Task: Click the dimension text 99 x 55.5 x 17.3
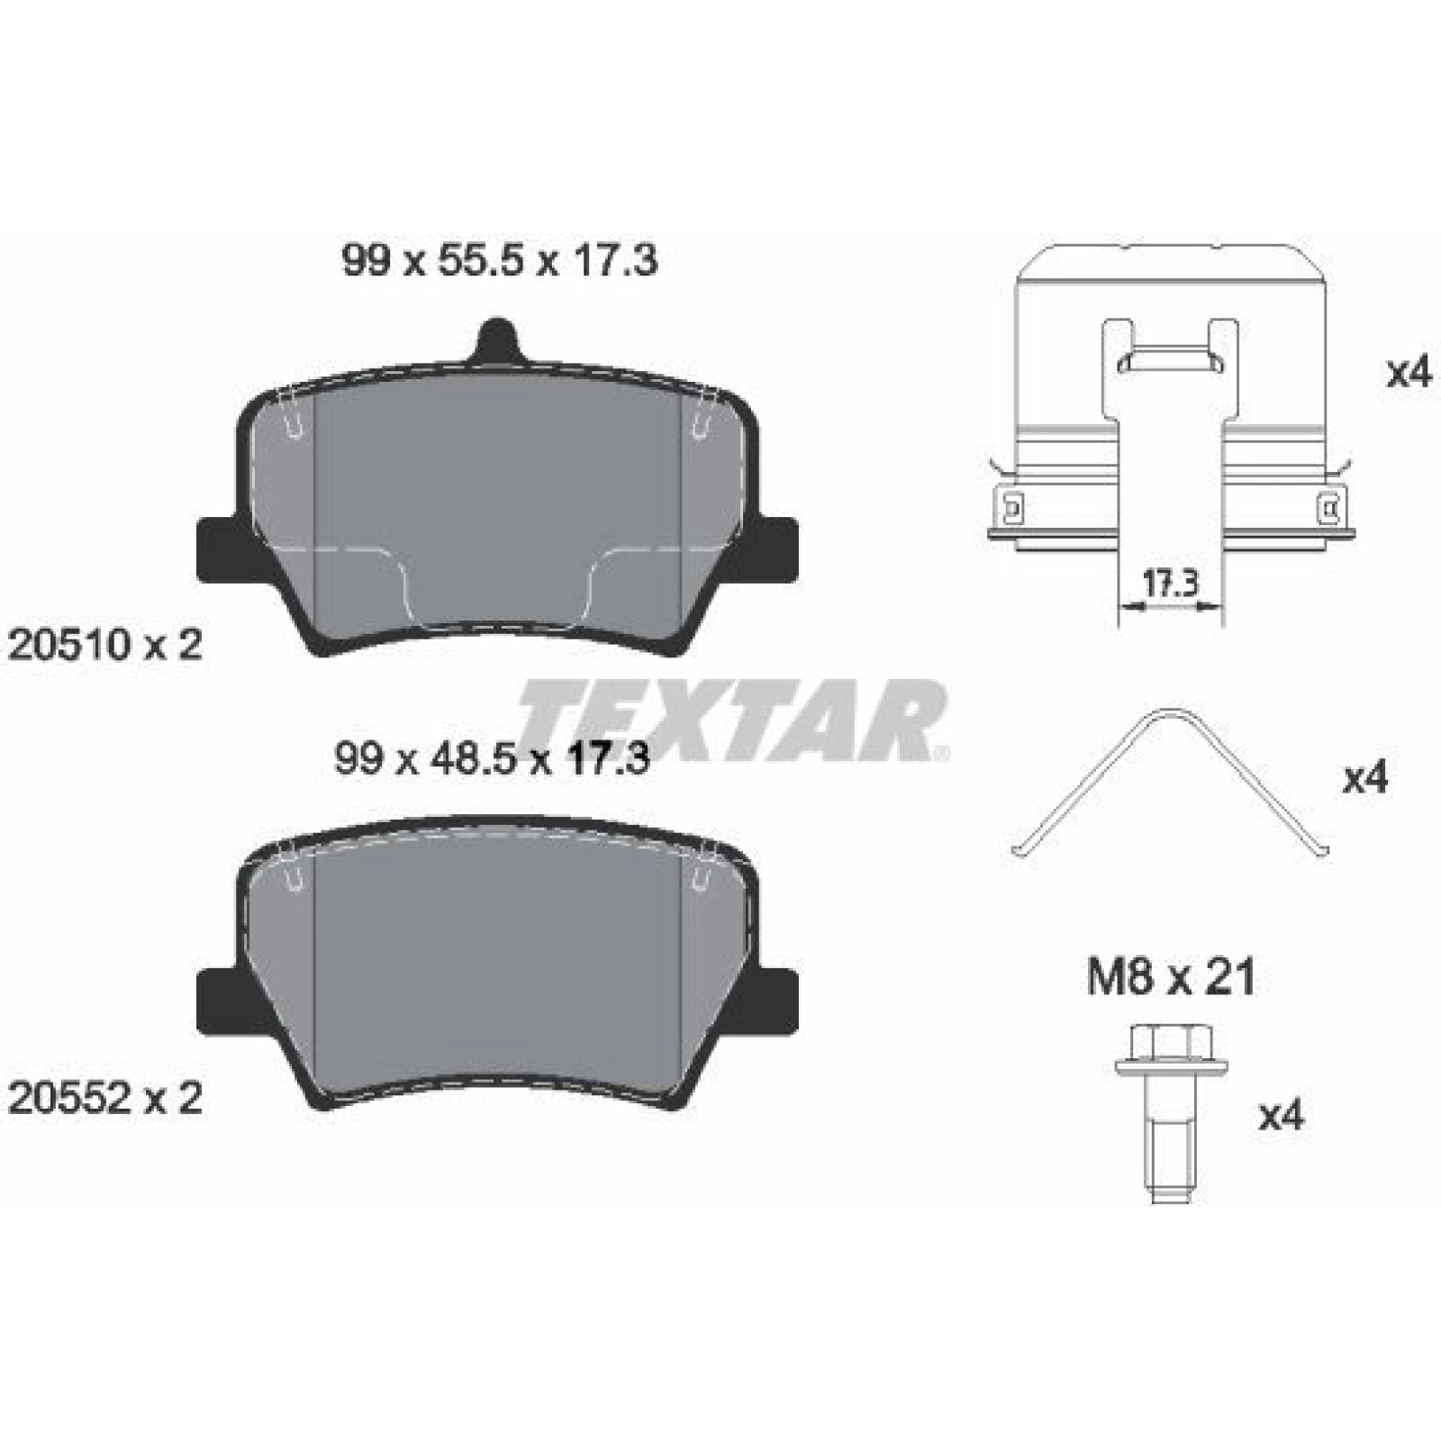tap(500, 262)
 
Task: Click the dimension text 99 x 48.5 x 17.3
tap(492, 760)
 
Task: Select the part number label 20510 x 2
tap(104, 645)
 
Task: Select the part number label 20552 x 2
tap(104, 1099)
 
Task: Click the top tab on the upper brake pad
tap(497, 341)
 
